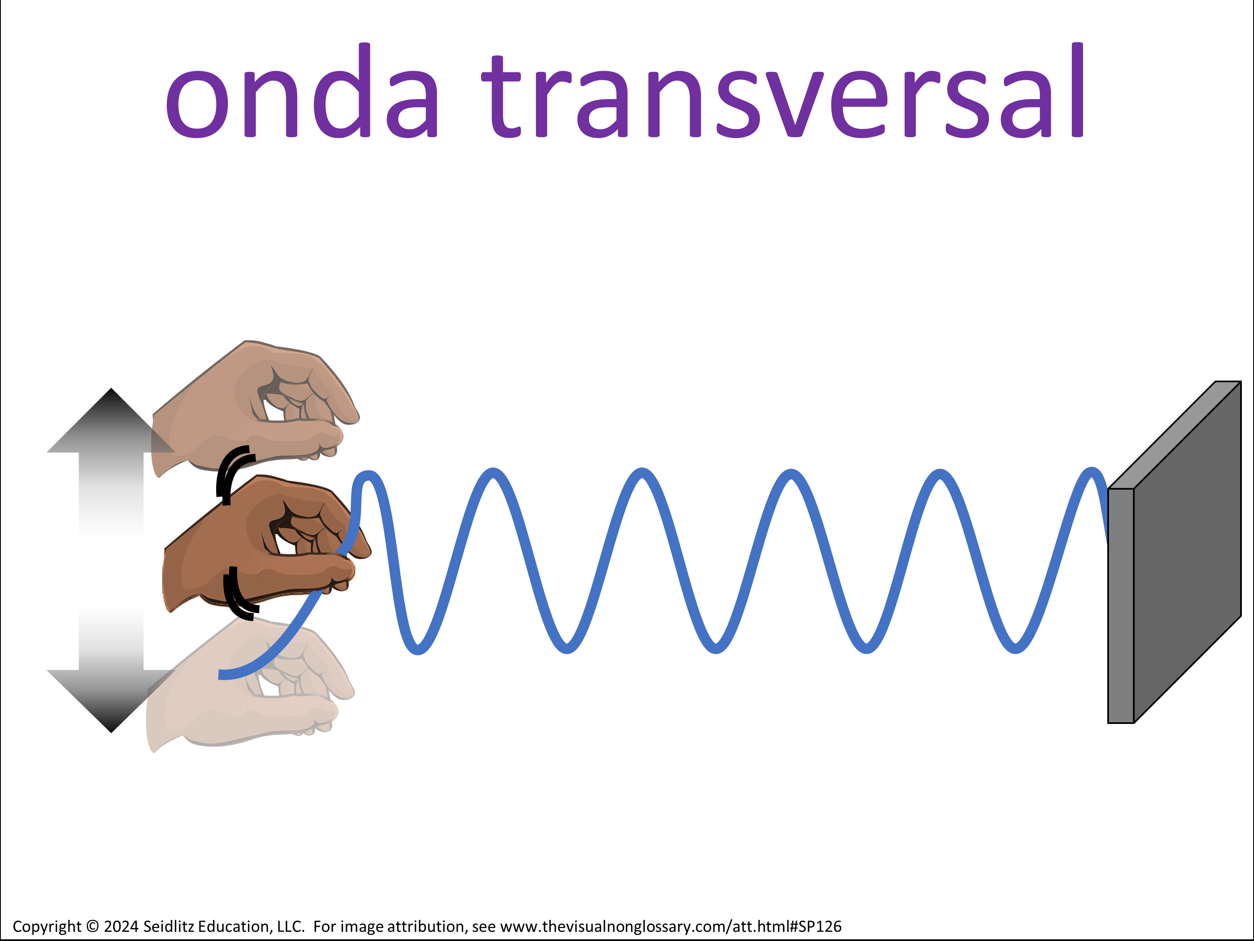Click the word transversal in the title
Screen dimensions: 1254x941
783,91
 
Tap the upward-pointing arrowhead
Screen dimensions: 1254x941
111,421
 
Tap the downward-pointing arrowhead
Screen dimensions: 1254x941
111,701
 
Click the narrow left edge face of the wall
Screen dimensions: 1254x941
1121,606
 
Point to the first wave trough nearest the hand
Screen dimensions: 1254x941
418,650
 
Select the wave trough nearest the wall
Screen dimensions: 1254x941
1016,649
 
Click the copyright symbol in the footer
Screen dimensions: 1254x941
92,926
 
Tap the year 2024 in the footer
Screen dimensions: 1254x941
121,926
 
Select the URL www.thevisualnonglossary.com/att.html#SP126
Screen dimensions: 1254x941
670,927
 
